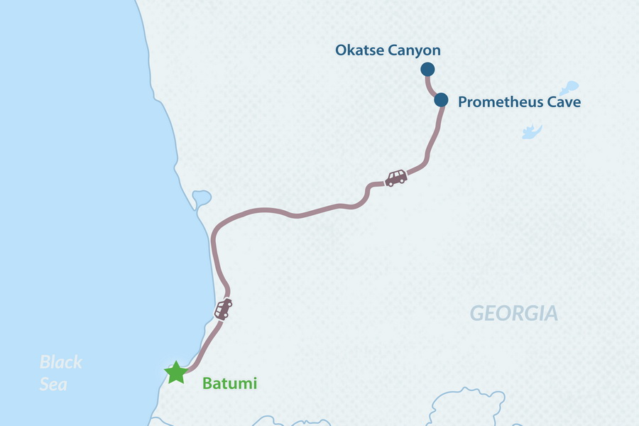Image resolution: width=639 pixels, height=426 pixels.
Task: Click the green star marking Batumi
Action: [x=174, y=372]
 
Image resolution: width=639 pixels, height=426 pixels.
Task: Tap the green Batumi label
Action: [x=229, y=384]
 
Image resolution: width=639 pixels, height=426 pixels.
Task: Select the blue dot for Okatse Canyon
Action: [x=427, y=69]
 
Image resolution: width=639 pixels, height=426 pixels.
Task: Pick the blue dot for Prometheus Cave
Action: [x=441, y=99]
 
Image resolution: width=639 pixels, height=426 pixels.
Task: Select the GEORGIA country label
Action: [x=513, y=313]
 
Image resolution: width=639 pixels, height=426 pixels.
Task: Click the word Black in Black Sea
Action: [x=61, y=362]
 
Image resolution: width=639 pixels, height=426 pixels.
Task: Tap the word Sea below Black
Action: [x=53, y=384]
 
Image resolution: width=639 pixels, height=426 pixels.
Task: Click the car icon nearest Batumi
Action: [x=224, y=309]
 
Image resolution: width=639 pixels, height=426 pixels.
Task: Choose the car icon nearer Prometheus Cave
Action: [x=395, y=177]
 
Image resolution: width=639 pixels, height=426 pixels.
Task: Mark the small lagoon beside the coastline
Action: [x=200, y=197]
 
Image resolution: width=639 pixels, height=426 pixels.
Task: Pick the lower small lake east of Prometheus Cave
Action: [x=531, y=132]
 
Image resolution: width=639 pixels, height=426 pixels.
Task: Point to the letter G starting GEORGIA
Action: [x=476, y=313]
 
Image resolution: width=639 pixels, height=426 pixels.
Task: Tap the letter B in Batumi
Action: [x=207, y=384]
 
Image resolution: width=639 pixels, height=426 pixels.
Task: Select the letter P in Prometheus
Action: [x=463, y=102]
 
